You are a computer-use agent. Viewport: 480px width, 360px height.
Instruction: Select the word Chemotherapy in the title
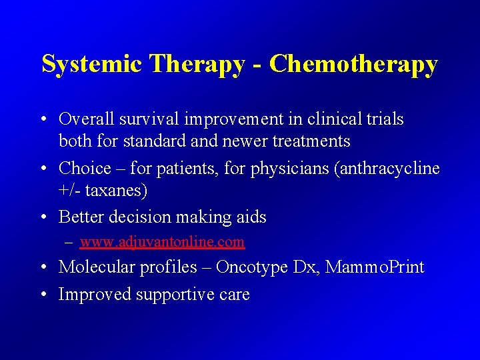coord(353,64)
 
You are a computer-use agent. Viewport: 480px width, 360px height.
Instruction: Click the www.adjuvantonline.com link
coord(162,241)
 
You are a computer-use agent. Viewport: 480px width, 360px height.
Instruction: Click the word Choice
coord(85,168)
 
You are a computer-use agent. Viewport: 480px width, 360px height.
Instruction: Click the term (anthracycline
coord(390,168)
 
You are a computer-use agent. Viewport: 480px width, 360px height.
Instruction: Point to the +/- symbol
coord(71,191)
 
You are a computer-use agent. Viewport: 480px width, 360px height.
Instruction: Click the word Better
coord(81,217)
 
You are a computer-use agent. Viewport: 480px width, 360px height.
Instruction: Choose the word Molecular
coord(93,267)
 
